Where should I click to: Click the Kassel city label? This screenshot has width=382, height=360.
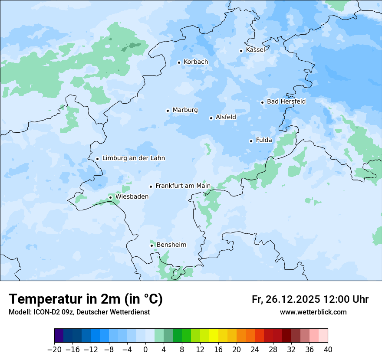coord(255,50)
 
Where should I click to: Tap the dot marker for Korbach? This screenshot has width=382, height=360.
coord(179,62)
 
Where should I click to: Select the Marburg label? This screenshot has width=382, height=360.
coord(185,110)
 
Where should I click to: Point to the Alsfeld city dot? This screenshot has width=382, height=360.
coord(211,118)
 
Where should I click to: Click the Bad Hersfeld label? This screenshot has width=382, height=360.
coord(286,101)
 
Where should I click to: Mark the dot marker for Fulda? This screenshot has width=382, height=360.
coord(251,141)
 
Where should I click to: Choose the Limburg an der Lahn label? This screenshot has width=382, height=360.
coord(133,158)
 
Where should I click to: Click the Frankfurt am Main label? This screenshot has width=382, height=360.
coord(183,186)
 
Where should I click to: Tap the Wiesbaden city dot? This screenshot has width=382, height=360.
coord(110,197)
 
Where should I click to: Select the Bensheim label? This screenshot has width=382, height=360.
coord(171,245)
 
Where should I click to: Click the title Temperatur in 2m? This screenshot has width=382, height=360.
coord(86,299)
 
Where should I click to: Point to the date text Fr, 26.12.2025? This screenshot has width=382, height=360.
coord(286,299)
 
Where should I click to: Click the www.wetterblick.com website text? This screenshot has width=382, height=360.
coord(313,312)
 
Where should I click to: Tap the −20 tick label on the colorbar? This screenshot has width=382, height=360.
coord(54,350)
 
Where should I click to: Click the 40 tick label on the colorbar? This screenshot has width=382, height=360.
coord(328,350)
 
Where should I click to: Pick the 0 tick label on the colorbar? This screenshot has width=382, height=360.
coord(145,350)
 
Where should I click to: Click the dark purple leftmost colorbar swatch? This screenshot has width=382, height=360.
coord(59,336)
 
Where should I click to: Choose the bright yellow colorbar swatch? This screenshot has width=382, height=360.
coord(214,336)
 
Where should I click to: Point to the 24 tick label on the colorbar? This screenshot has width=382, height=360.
coord(255,350)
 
